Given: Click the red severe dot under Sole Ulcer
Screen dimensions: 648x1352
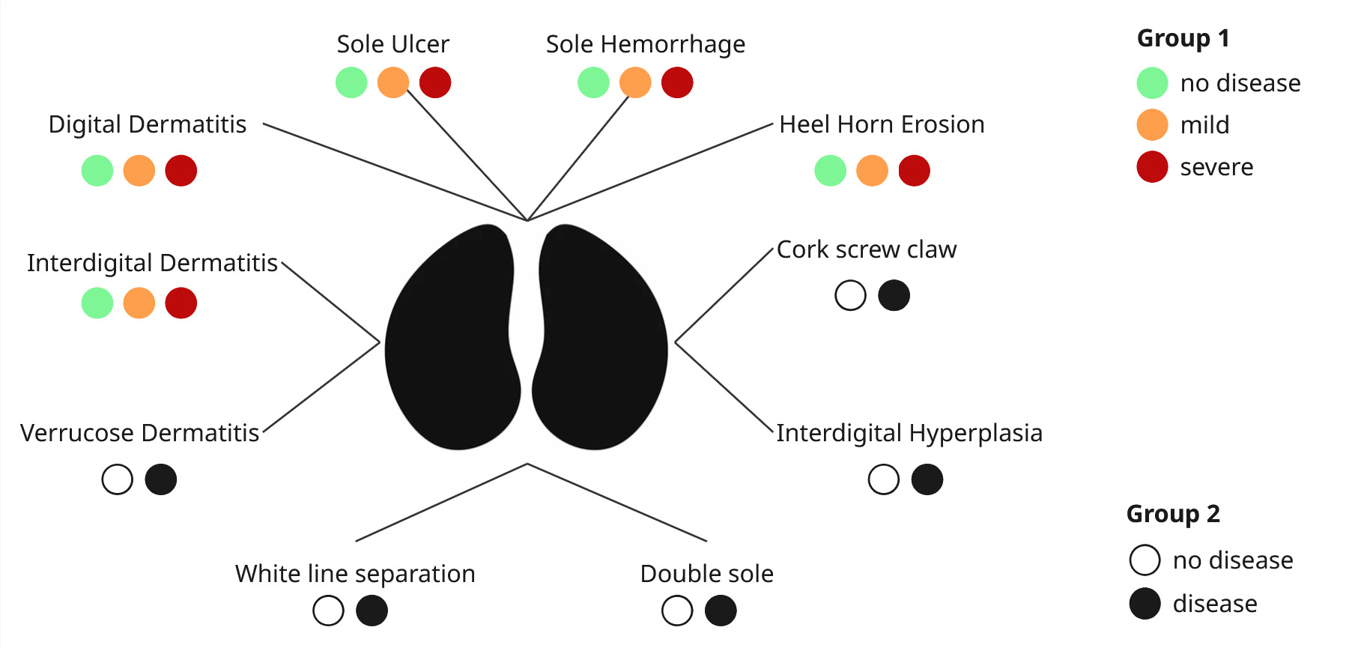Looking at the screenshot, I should pos(435,82).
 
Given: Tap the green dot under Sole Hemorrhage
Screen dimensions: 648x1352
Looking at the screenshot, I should pos(593,82).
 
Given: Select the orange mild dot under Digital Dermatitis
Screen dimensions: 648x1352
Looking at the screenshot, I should pos(139,171).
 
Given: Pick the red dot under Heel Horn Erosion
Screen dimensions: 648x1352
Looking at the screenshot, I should pos(914,171).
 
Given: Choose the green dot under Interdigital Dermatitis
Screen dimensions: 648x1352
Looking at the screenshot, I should pos(97,303).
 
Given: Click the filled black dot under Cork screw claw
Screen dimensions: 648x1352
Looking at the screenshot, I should pos(894,295).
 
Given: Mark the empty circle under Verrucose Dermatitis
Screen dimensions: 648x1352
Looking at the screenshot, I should pos(118,479).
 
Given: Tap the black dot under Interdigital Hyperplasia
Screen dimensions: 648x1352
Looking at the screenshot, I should pos(927,479).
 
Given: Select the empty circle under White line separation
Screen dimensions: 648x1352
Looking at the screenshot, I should pos(328,611).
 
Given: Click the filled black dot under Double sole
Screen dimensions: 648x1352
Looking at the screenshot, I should pos(721,611).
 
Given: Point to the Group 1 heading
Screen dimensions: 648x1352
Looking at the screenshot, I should pos(1183,38).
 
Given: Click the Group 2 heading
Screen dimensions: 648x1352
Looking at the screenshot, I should pos(1173,514).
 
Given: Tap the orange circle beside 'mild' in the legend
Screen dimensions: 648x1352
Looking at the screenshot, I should pos(1152,124).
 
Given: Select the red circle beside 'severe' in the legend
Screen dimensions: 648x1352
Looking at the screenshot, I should pos(1152,166).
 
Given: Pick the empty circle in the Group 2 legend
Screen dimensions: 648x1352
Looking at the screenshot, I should pos(1145,560).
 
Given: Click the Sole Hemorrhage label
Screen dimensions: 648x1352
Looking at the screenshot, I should pos(645,44).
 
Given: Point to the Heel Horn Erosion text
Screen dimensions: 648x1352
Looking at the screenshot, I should pos(882,124).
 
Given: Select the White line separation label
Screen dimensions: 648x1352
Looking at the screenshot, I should pos(355,574).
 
